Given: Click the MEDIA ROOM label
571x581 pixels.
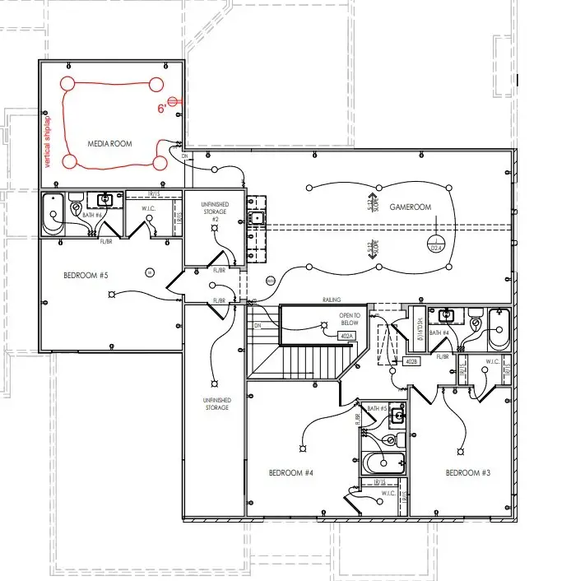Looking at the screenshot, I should pos(109,144).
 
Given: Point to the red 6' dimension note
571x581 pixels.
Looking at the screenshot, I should pos(164,108).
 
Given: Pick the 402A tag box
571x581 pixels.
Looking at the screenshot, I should pos(347,337).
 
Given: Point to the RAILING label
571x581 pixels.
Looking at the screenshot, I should pos(332,300).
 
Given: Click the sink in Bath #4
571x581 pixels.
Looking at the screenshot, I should pos(448,315).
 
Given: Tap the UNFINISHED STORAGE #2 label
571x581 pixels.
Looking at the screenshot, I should pos(214,211).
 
